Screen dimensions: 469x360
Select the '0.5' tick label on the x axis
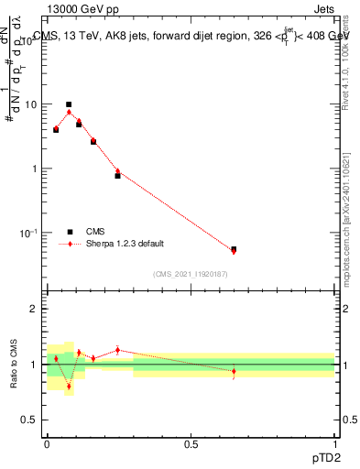(x=191, y=442)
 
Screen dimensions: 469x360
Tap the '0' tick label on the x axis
(x=47, y=442)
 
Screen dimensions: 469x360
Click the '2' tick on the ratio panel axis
(x=35, y=309)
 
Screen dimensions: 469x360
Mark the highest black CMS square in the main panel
(x=69, y=104)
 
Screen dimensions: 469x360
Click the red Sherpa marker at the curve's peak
(x=69, y=113)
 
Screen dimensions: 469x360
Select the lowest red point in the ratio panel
(x=69, y=386)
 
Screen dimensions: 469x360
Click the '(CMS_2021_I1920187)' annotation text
(x=190, y=274)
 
